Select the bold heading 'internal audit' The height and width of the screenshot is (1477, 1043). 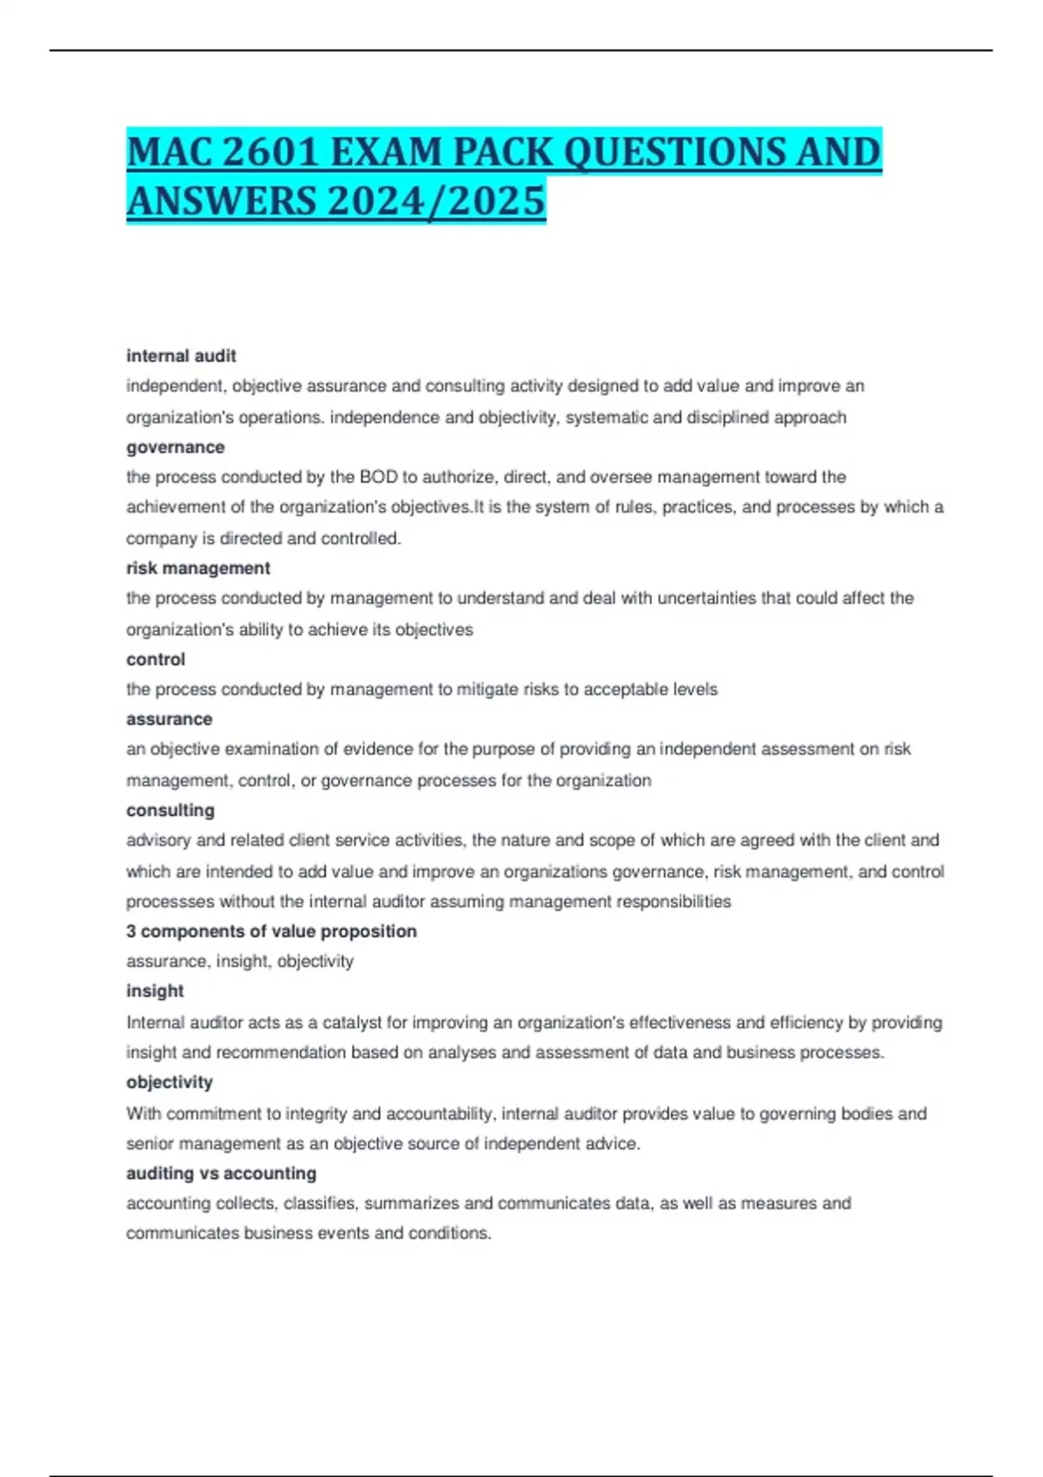(x=181, y=356)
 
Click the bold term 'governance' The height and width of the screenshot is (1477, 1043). (x=175, y=447)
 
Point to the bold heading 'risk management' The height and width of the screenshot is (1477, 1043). (x=198, y=568)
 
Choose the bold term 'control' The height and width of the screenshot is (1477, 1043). (x=156, y=659)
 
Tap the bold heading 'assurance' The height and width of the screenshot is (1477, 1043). (x=169, y=719)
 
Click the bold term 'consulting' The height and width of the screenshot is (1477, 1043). (x=170, y=811)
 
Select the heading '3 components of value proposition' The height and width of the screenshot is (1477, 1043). (x=271, y=931)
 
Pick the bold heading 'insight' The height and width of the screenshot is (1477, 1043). (x=155, y=991)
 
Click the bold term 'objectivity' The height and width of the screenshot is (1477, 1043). (x=169, y=1083)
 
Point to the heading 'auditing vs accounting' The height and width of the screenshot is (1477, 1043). (x=221, y=1174)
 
